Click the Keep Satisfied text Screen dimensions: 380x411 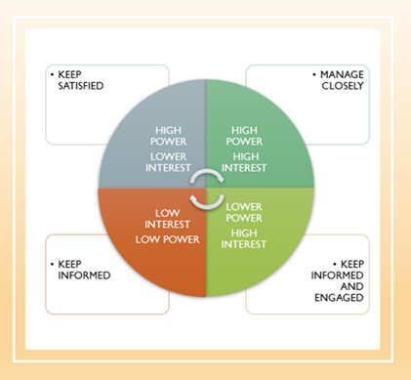[x=82, y=79]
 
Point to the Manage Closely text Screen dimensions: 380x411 [x=336, y=79]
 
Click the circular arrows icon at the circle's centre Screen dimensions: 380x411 [x=206, y=189]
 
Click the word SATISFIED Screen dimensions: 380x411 [x=82, y=85]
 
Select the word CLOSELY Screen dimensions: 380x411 [x=340, y=85]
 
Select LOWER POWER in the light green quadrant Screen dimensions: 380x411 [x=243, y=213]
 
